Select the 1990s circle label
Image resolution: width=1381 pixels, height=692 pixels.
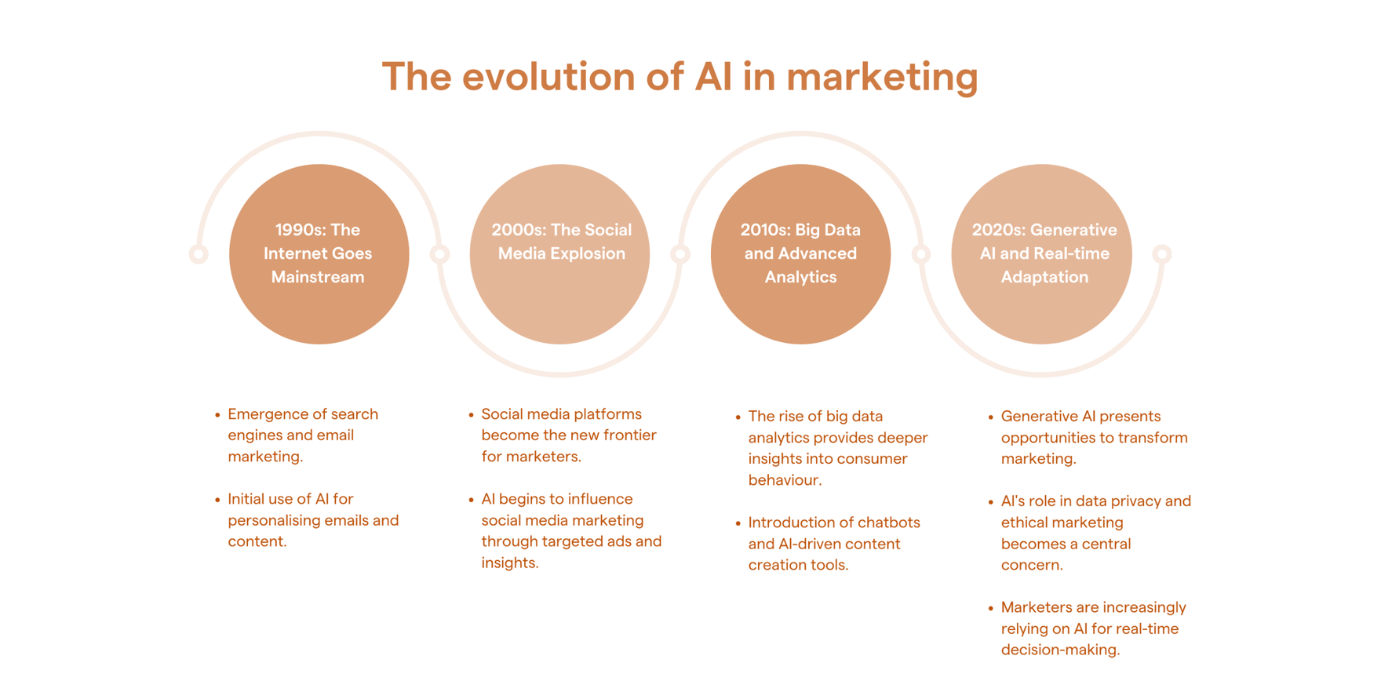pyautogui.click(x=318, y=253)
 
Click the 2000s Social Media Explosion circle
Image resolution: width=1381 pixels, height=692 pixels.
pyautogui.click(x=559, y=254)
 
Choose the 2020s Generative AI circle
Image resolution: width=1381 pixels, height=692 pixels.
pyautogui.click(x=1041, y=254)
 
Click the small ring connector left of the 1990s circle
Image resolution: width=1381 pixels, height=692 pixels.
pyautogui.click(x=199, y=254)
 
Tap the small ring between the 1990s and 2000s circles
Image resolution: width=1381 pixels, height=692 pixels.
pyautogui.click(x=440, y=254)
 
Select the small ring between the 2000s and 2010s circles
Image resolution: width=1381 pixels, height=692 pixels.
pyautogui.click(x=680, y=254)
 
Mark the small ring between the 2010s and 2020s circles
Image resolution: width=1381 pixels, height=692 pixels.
pyautogui.click(x=921, y=254)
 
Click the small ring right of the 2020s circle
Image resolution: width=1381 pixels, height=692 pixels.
pyautogui.click(x=1162, y=254)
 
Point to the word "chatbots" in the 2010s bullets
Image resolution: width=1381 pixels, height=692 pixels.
pyautogui.click(x=888, y=523)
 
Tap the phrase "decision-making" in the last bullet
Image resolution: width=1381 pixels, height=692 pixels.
pyautogui.click(x=1060, y=650)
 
